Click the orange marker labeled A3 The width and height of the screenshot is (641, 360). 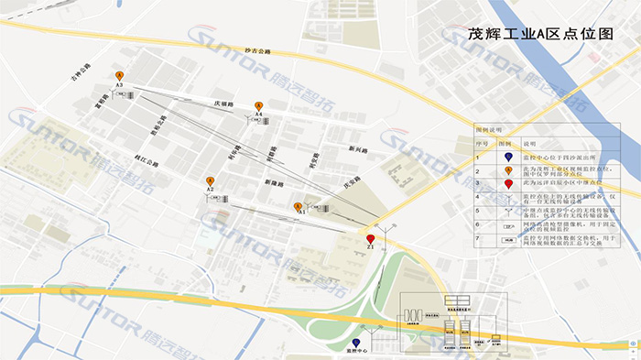tap(119, 76)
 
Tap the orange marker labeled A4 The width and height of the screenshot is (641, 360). tap(258, 106)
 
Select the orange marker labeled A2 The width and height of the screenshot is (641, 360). tap(210, 181)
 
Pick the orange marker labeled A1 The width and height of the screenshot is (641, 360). tap(298, 207)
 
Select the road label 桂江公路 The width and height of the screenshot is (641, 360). tap(146, 163)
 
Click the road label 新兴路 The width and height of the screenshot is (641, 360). tap(357, 149)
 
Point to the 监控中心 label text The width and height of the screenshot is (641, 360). tap(356, 351)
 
